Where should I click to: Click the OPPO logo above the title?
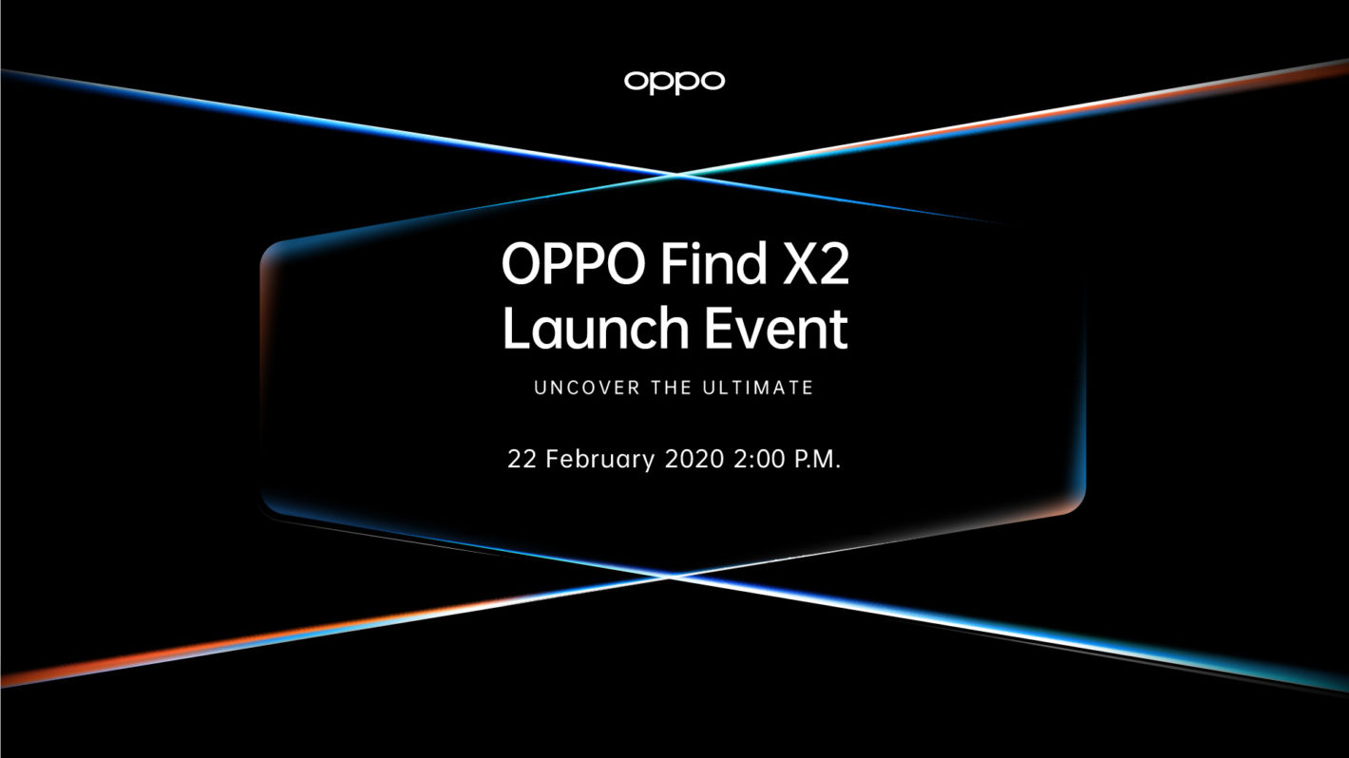point(674,82)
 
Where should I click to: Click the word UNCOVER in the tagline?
point(580,388)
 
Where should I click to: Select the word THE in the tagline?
point(671,388)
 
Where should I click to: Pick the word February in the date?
point(598,461)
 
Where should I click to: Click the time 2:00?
point(759,460)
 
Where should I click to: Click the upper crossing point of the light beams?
point(676,174)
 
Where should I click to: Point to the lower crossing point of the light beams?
point(673,575)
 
